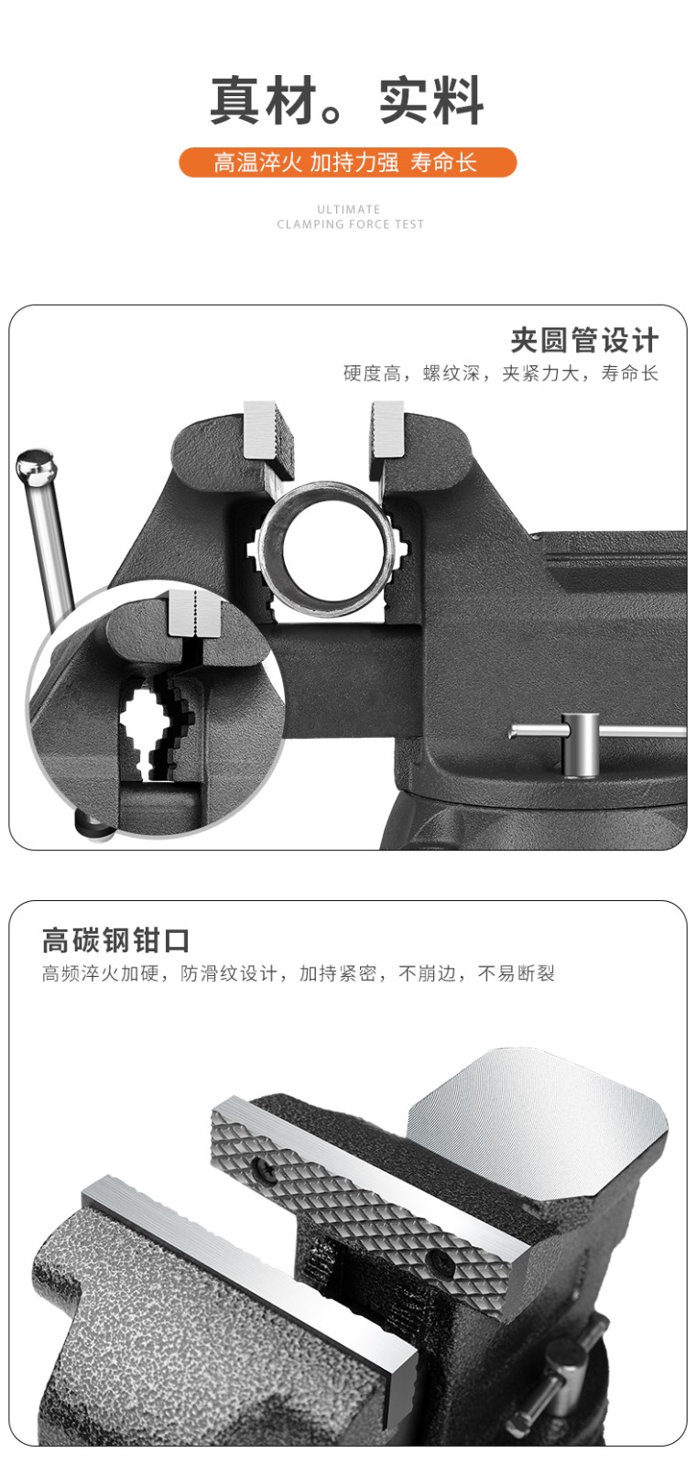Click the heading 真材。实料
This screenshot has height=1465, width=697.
click(347, 100)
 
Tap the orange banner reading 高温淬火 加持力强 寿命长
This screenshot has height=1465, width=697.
click(347, 162)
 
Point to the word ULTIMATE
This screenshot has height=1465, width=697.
click(349, 210)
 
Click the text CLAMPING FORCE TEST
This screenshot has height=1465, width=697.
click(350, 224)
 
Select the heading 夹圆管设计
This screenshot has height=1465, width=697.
click(584, 340)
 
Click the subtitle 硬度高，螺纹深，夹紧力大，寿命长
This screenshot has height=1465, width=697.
click(501, 374)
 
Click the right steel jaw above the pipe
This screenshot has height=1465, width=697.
click(387, 434)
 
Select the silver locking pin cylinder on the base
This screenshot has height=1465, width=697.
click(581, 745)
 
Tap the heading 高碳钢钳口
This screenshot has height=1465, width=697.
click(115, 940)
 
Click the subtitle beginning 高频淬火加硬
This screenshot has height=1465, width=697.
click(299, 973)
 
